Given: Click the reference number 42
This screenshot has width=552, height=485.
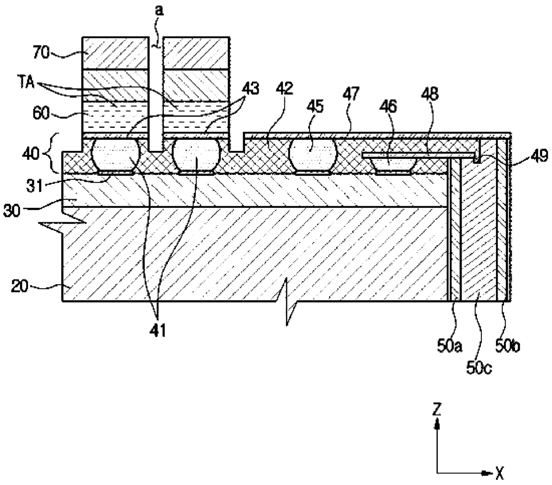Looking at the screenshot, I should tap(285, 89).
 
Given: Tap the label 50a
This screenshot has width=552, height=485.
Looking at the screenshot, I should tap(445, 346).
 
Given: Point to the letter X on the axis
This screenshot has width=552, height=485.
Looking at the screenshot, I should tap(499, 473).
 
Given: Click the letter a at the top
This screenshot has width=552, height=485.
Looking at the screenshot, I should tap(159, 10).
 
